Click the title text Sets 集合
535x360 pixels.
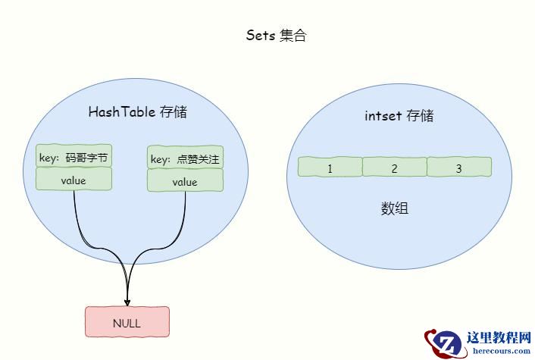click(276, 35)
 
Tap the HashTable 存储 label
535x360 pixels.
click(137, 111)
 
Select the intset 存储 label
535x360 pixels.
click(399, 116)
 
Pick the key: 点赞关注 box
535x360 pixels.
click(185, 158)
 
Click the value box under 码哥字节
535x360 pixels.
click(74, 179)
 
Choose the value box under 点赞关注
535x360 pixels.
click(185, 180)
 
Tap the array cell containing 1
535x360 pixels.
click(330, 167)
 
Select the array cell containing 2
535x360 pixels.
click(394, 167)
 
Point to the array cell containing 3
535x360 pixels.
click(459, 167)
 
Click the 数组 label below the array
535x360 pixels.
click(394, 208)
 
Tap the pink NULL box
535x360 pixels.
click(127, 322)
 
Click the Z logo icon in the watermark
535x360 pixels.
click(446, 343)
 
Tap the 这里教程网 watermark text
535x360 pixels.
click(499, 337)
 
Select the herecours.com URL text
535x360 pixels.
click(502, 351)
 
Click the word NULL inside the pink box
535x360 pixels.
click(127, 323)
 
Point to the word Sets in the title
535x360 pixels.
click(261, 35)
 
